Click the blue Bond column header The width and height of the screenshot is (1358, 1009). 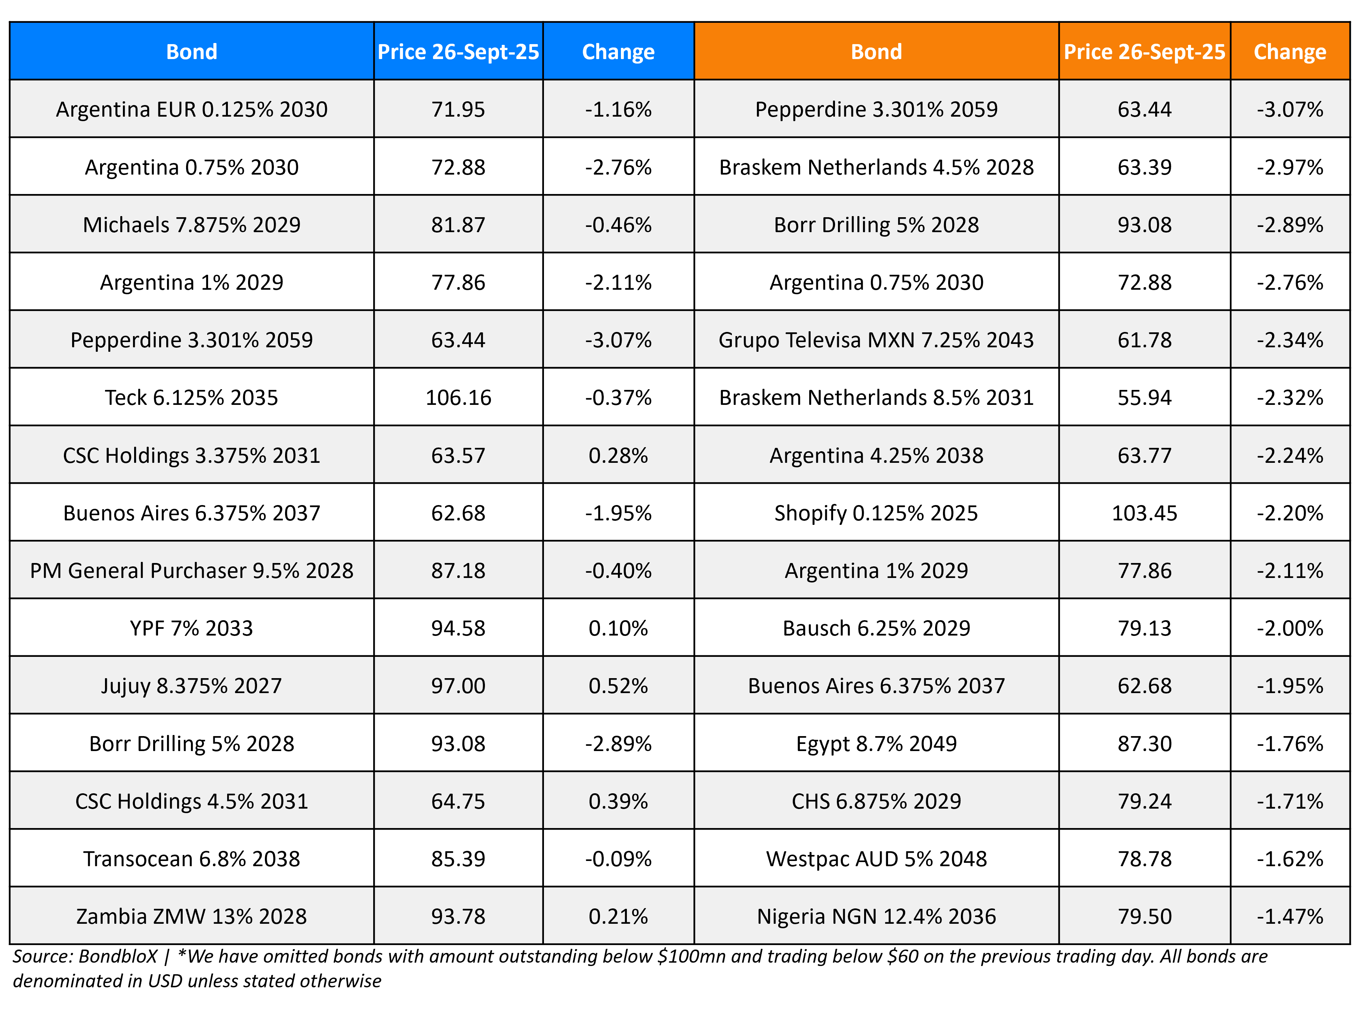click(192, 52)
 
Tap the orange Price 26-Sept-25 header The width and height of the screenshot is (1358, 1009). click(1144, 52)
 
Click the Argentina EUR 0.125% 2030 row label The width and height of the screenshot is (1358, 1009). click(192, 109)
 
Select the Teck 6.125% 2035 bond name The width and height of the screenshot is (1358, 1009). click(192, 398)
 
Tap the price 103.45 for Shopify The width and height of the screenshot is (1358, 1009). click(1144, 513)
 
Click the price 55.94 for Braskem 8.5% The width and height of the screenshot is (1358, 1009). click(1144, 398)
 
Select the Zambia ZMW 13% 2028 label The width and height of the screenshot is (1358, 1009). click(192, 917)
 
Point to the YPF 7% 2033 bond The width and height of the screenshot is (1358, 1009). click(192, 628)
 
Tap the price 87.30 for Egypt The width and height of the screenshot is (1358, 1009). click(1144, 744)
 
